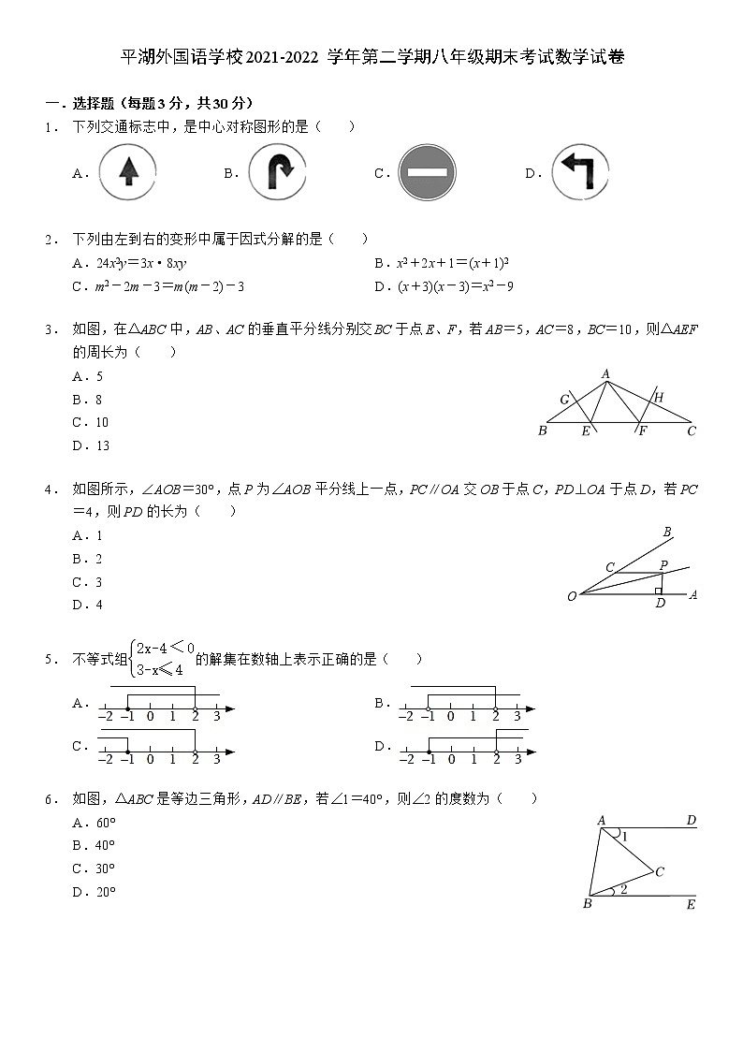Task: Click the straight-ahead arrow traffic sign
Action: pyautogui.click(x=128, y=172)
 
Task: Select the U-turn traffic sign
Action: pyautogui.click(x=278, y=172)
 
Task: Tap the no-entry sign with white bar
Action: pyautogui.click(x=427, y=172)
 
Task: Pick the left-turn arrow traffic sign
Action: pyautogui.click(x=578, y=172)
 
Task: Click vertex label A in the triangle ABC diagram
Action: pyautogui.click(x=605, y=374)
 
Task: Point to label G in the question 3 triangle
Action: pyautogui.click(x=564, y=401)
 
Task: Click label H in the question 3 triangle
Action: pyautogui.click(x=659, y=398)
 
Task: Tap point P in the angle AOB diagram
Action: pyautogui.click(x=663, y=565)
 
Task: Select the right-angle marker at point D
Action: pyautogui.click(x=659, y=591)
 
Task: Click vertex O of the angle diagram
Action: pyautogui.click(x=572, y=596)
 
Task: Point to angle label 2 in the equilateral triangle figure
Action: pyautogui.click(x=623, y=890)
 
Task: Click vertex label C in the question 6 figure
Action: pyautogui.click(x=660, y=872)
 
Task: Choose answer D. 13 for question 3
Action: pyautogui.click(x=91, y=445)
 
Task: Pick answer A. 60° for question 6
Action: pyautogui.click(x=94, y=823)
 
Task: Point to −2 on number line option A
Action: pyautogui.click(x=105, y=716)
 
